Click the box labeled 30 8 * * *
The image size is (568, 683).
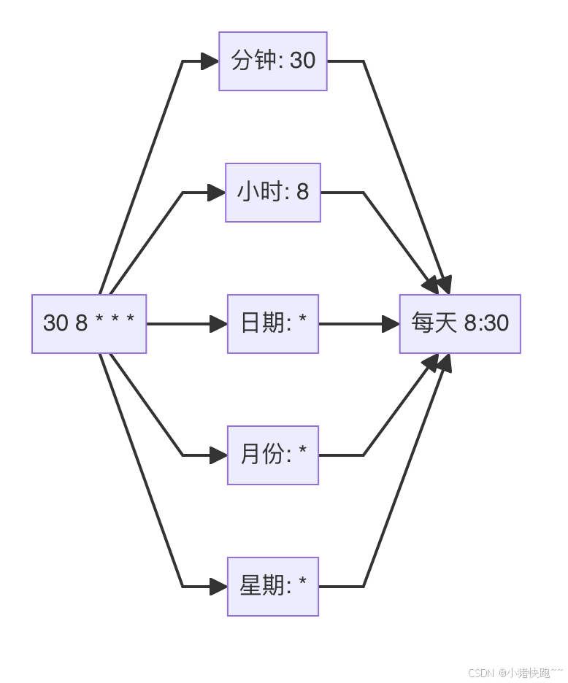pyautogui.click(x=89, y=324)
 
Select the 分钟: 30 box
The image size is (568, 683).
pyautogui.click(x=273, y=61)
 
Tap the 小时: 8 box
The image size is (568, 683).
pyautogui.click(x=273, y=193)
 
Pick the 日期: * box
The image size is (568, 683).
pyautogui.click(x=273, y=324)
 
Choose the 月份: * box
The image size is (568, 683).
pyautogui.click(x=273, y=455)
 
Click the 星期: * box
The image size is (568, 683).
pyautogui.click(x=273, y=587)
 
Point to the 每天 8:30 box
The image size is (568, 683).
pyautogui.click(x=460, y=324)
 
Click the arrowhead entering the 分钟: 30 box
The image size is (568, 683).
pyautogui.click(x=210, y=61)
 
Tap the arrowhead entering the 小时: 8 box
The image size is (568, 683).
pyautogui.click(x=216, y=193)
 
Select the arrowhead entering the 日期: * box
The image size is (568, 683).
pyautogui.click(x=218, y=324)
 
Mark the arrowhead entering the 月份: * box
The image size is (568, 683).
pyautogui.click(x=218, y=455)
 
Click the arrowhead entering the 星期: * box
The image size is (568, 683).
pyautogui.click(x=218, y=587)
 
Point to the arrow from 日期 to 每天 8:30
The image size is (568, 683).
pyautogui.click(x=358, y=324)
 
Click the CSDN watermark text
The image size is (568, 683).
pyautogui.click(x=515, y=673)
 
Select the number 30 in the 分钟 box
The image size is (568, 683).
pyautogui.click(x=302, y=61)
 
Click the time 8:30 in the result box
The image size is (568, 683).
pyautogui.click(x=486, y=323)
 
